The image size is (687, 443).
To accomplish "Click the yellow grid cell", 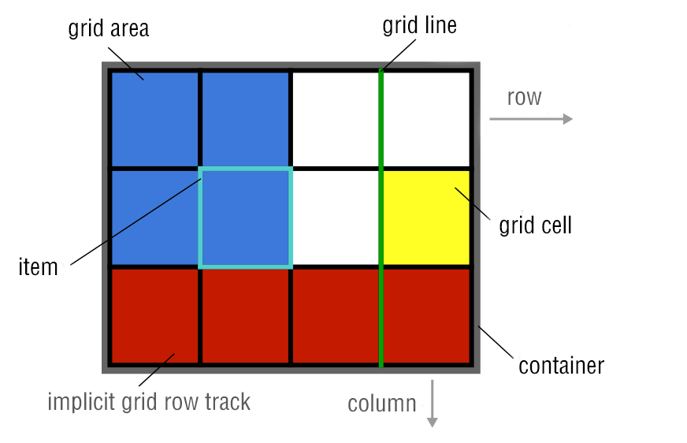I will (x=426, y=218).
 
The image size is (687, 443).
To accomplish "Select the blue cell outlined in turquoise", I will (x=246, y=218).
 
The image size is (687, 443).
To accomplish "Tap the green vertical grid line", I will (x=381, y=315).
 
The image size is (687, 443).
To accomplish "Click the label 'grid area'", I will (x=109, y=29).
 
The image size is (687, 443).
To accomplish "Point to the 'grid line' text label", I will (x=419, y=25).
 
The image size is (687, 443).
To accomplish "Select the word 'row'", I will (x=524, y=97).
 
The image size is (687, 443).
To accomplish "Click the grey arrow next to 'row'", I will (x=531, y=119).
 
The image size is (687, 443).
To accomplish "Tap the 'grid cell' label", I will (x=536, y=225).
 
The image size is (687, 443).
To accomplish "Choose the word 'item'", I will (x=38, y=266).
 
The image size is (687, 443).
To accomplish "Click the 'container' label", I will (x=561, y=366).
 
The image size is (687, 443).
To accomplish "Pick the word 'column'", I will (x=382, y=404).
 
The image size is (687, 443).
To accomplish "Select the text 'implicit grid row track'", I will (x=149, y=402).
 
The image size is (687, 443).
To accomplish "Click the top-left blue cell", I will (x=154, y=119).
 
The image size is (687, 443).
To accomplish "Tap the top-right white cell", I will (x=426, y=119).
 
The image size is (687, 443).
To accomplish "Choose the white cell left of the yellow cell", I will (x=336, y=218).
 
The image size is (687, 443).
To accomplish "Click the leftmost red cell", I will (x=154, y=315).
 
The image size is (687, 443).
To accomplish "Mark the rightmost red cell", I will (x=426, y=315).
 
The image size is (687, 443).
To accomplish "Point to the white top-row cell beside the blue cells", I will (x=336, y=119).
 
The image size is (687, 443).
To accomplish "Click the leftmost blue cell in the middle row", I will (x=154, y=218).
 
